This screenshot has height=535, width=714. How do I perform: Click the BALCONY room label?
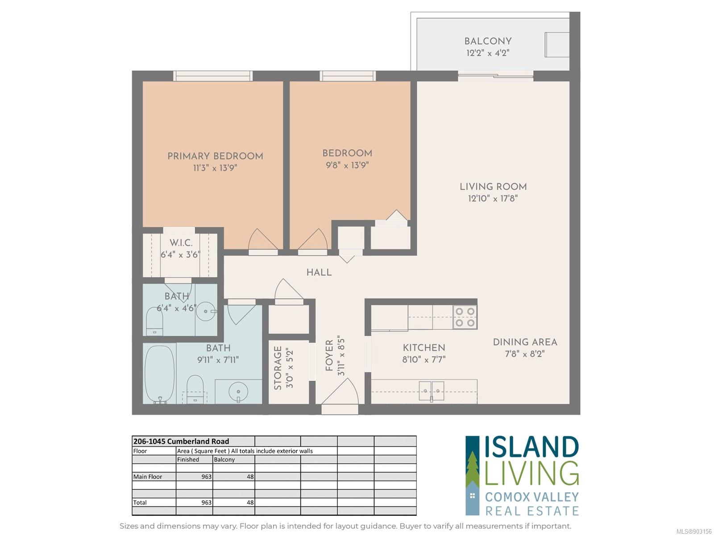point(488,41)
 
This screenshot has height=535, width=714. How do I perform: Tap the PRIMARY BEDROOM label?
point(215,156)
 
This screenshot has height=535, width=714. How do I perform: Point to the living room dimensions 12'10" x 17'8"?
point(493,198)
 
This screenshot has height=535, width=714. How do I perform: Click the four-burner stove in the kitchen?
point(465,317)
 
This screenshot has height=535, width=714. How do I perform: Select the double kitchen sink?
point(432,391)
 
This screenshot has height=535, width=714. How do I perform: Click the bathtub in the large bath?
point(159,374)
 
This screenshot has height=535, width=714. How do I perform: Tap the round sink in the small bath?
point(206,311)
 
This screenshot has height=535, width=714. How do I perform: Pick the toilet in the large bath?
point(195,389)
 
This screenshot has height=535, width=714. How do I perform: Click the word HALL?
point(319,272)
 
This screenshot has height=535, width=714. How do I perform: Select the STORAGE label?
point(278,368)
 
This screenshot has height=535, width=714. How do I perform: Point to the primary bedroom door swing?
point(262,239)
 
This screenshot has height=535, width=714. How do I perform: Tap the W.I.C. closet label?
point(181,243)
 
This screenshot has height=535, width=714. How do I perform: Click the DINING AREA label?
point(525,342)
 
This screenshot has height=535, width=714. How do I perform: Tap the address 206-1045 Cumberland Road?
point(181,441)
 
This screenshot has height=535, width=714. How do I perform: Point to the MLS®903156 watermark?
point(694,531)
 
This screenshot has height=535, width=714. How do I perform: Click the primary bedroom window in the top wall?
point(213,76)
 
